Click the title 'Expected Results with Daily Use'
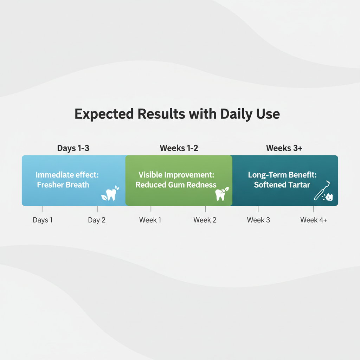(x=177, y=114)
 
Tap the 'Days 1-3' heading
(x=73, y=148)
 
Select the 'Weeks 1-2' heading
(x=179, y=148)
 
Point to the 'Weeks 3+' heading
(x=284, y=148)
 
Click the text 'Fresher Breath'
(x=63, y=185)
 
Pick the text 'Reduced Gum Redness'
(x=176, y=185)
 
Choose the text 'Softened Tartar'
(x=282, y=185)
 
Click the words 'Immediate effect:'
(x=67, y=175)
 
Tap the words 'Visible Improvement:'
(x=176, y=175)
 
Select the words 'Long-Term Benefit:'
(x=282, y=175)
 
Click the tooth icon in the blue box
(x=110, y=193)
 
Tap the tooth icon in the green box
(x=222, y=194)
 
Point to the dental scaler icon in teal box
(x=323, y=191)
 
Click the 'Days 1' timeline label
(x=43, y=220)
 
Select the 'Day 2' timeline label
(x=97, y=220)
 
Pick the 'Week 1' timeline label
(x=150, y=220)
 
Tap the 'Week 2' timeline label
(x=205, y=220)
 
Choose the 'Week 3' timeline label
(x=258, y=220)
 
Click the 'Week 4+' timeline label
(x=314, y=220)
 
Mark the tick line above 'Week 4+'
(x=314, y=209)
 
